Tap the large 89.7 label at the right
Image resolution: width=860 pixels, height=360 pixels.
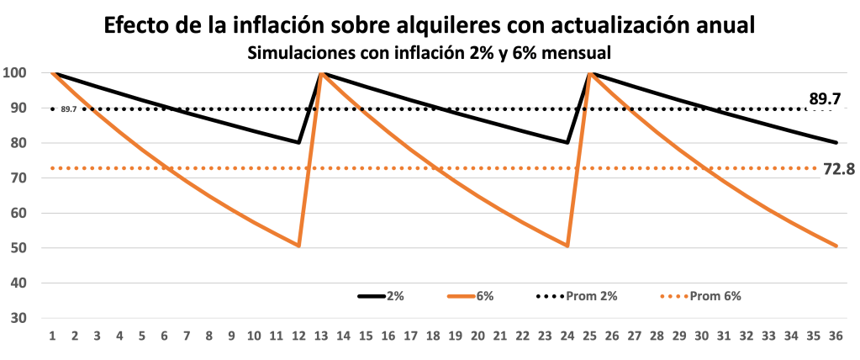tap(825, 99)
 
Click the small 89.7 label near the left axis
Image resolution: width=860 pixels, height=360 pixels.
tap(69, 109)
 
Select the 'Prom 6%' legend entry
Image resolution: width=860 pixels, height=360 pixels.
tap(700, 296)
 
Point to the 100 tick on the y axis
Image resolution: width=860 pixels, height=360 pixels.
tap(17, 73)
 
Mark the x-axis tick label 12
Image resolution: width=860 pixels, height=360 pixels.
tap(298, 336)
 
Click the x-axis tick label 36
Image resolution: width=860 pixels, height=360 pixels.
tap(836, 336)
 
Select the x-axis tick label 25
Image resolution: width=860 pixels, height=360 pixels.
tap(590, 336)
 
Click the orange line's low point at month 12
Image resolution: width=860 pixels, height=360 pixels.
tap(298, 246)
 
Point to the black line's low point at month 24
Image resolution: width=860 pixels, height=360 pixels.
tap(567, 142)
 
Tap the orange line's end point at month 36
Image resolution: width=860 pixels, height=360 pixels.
tap(836, 246)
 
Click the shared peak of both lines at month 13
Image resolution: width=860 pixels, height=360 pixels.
tap(321, 73)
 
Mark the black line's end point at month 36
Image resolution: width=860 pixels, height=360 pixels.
tap(836, 142)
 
